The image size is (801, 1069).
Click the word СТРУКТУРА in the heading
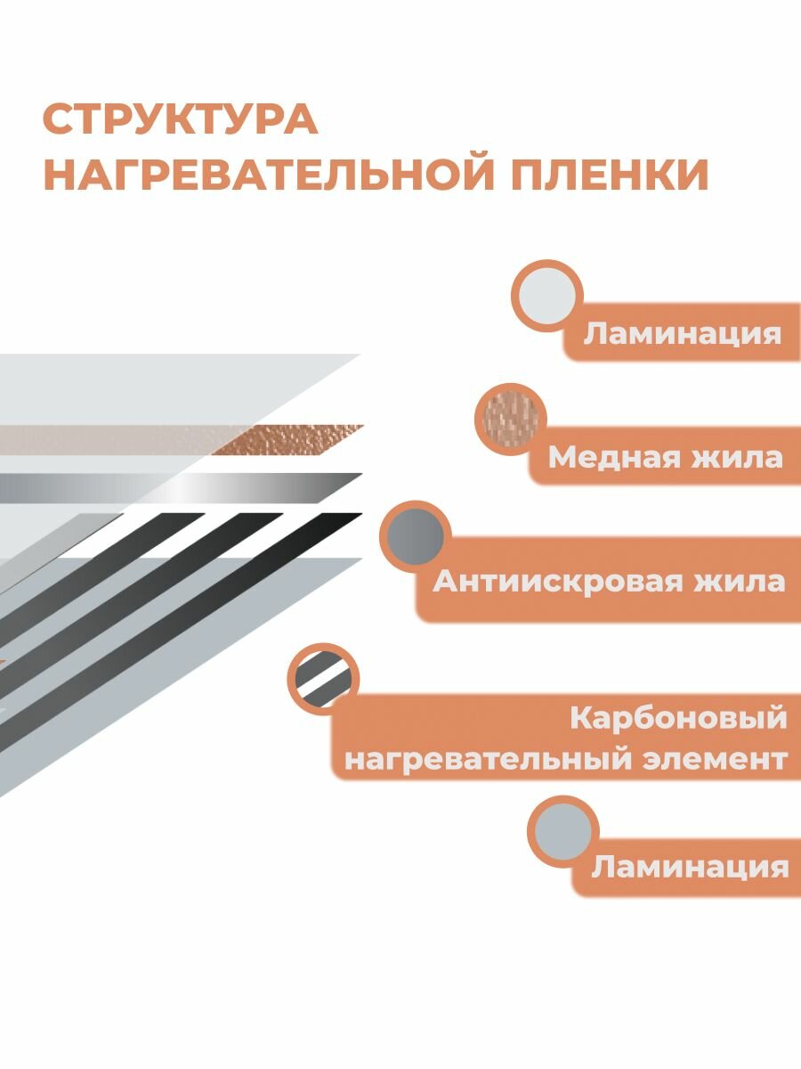coord(180,120)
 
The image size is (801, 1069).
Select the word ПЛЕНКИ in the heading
coord(610,175)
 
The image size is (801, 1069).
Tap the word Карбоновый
coord(678,719)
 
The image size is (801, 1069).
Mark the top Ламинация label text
coord(682,335)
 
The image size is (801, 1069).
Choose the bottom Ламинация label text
coord(690,867)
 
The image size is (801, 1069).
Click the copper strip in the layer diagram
coord(285,437)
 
